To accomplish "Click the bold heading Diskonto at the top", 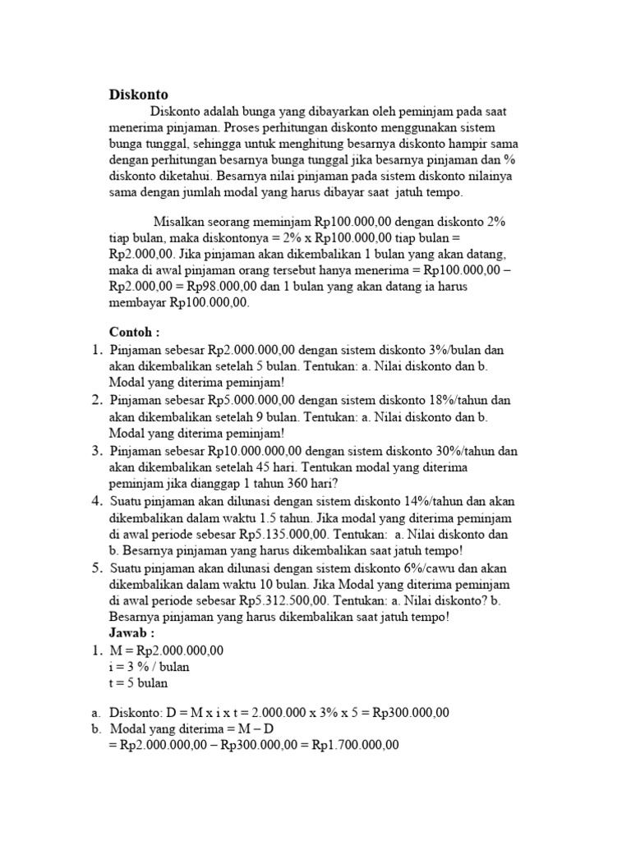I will click(x=138, y=94).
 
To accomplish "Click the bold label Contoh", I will click(x=135, y=331).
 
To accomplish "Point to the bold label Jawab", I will click(x=131, y=633).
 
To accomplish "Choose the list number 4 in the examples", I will click(x=96, y=501).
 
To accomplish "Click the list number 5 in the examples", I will click(x=96, y=568).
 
